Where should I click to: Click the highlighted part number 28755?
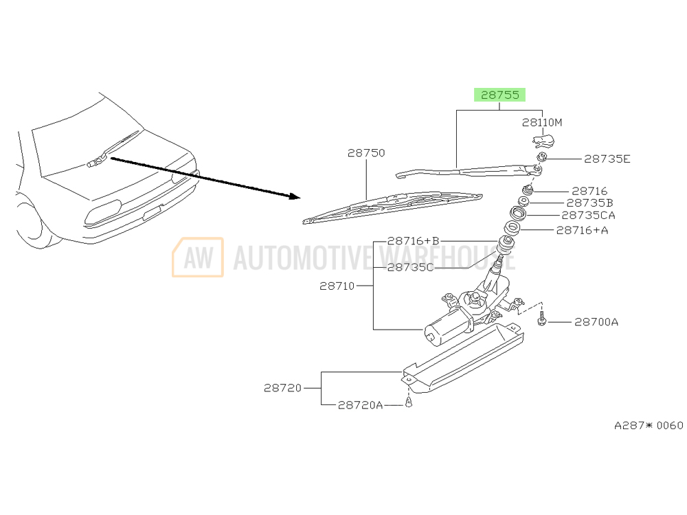coord(499,95)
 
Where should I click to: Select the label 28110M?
coord(542,123)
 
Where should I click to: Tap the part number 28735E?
coord(607,159)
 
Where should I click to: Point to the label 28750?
coord(366,153)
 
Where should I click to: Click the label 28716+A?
coord(583,230)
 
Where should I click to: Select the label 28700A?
coord(596,321)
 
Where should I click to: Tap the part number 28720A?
coord(360,405)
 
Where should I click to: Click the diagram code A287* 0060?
coord(649,426)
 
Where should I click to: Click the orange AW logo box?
coord(198,257)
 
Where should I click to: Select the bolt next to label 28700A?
coord(542,319)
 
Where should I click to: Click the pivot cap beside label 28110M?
coord(544,141)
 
